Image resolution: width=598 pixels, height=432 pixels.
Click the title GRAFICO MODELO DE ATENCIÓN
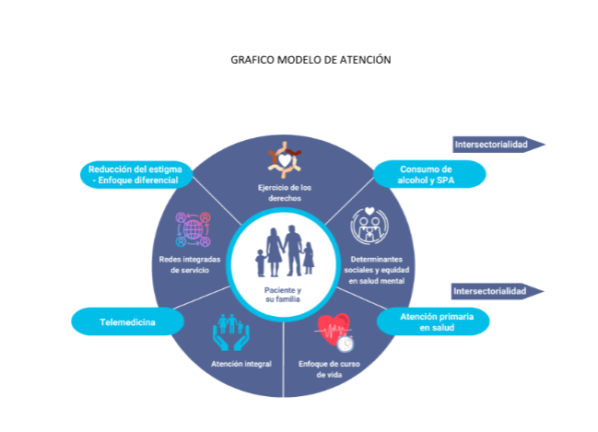[311, 60]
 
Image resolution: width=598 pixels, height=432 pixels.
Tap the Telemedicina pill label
[127, 321]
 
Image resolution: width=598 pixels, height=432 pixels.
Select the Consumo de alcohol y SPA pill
[429, 174]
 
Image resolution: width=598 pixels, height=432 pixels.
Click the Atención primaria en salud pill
[433, 321]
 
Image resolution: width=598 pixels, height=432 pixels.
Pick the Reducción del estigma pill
[136, 175]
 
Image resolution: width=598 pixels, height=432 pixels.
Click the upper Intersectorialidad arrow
[498, 145]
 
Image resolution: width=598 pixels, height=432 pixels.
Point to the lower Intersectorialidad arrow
[498, 291]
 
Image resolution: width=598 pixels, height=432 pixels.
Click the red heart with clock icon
[334, 333]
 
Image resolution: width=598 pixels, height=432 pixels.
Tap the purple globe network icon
[193, 229]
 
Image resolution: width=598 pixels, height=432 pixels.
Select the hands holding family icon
[231, 333]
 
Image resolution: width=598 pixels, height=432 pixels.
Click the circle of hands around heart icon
[285, 160]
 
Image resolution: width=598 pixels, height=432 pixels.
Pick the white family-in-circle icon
[369, 226]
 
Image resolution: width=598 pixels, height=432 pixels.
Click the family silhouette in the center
[285, 251]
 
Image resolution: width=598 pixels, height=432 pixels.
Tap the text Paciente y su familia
[283, 295]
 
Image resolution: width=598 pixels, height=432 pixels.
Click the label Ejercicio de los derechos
[285, 193]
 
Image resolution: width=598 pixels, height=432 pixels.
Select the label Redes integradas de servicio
[190, 264]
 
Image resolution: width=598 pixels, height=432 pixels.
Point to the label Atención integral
[241, 364]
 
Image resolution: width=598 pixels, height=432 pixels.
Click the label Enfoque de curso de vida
[329, 369]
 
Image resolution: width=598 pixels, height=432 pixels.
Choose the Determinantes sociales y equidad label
[377, 270]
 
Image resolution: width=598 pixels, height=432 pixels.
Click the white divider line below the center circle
[284, 358]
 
